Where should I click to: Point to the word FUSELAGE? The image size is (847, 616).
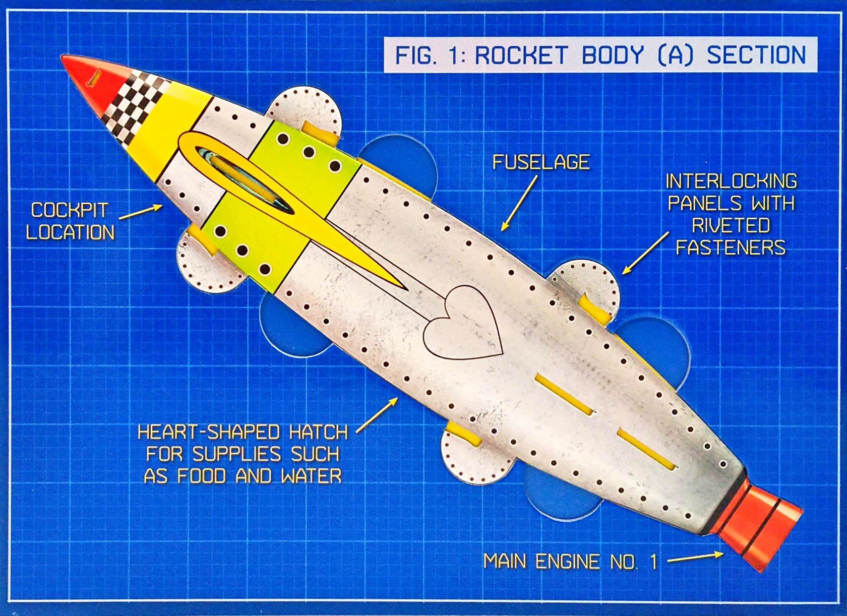click(x=541, y=162)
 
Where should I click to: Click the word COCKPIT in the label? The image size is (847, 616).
click(x=70, y=210)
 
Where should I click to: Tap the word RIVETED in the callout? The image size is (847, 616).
click(x=731, y=225)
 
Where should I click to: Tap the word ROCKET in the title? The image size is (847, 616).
click(x=521, y=55)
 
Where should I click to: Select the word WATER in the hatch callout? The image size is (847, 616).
click(x=311, y=476)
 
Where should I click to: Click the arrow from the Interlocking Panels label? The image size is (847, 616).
click(x=646, y=253)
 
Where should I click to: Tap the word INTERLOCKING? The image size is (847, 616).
click(x=732, y=181)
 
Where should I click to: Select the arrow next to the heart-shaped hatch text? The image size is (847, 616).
click(x=377, y=415)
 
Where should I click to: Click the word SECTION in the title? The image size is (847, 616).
click(x=756, y=55)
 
